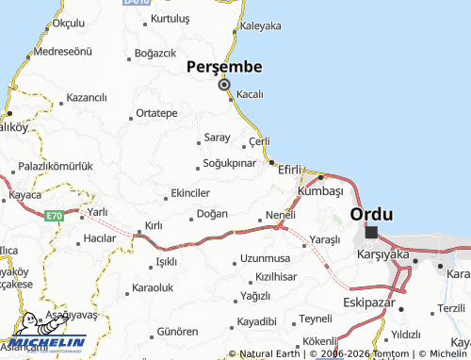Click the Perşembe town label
coord(223,66)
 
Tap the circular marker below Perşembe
coord(224,85)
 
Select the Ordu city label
coord(370,214)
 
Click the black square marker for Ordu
coord(371,232)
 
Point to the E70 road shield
coord(55,216)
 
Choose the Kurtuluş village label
coord(176,19)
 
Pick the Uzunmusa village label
coord(265,257)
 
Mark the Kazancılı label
coord(88,97)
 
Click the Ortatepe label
coord(156,113)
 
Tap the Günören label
coord(176,332)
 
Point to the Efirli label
coord(289,170)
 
